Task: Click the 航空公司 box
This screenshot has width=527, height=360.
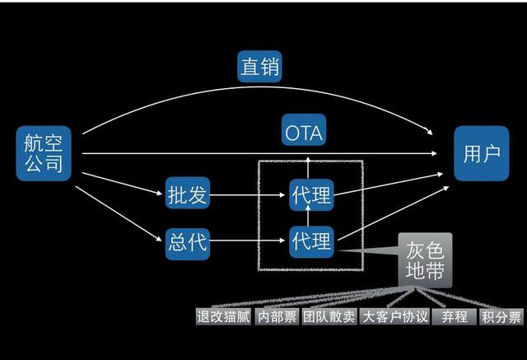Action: click(43, 153)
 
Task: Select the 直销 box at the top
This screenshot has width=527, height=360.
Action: click(259, 67)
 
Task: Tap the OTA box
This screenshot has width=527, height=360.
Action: click(304, 131)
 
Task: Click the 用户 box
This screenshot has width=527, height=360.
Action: click(481, 153)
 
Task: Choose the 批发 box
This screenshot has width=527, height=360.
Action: click(189, 195)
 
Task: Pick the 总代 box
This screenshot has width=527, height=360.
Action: click(189, 242)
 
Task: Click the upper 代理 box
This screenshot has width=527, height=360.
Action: click(310, 195)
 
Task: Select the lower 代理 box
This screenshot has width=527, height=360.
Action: click(310, 241)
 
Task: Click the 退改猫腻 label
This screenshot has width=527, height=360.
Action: click(222, 316)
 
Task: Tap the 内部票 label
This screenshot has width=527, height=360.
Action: click(276, 316)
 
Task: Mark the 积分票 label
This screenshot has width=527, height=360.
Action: click(501, 316)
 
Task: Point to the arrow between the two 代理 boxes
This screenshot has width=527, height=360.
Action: click(310, 218)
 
